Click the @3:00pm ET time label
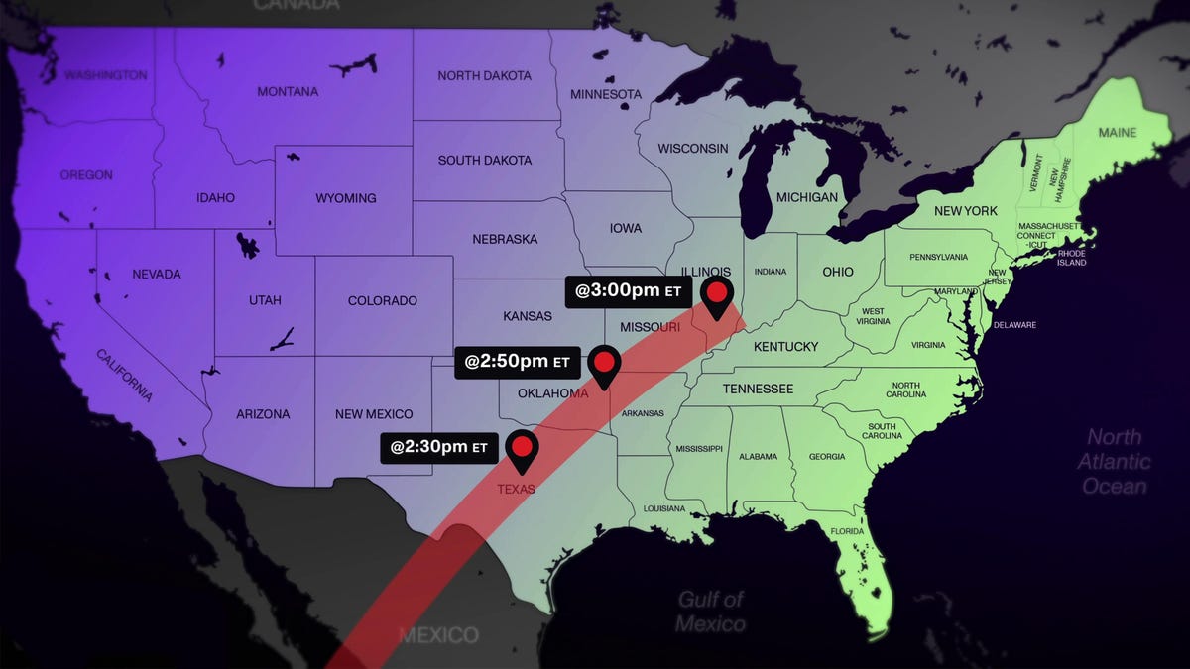623,292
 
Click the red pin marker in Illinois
716,294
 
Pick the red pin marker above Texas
522,448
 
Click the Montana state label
288,92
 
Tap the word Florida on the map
848,531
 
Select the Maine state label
1118,132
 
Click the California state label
125,376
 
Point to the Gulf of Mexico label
711,612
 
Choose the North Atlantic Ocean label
1115,461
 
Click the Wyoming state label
346,198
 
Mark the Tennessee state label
758,389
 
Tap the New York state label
966,211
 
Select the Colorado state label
383,301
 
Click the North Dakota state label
484,76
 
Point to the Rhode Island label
1072,258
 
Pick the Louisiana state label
664,508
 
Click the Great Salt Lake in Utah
247,244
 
